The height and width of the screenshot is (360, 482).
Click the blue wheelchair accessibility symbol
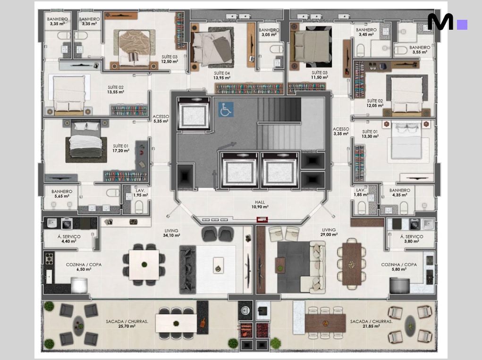pyautogui.click(x=226, y=109)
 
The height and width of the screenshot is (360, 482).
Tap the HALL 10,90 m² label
pyautogui.click(x=260, y=205)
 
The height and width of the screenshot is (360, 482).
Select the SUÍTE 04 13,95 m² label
pyautogui.click(x=221, y=75)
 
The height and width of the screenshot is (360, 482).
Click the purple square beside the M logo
pyautogui.click(x=462, y=25)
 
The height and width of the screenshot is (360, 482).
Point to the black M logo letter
pyautogui.click(x=440, y=22)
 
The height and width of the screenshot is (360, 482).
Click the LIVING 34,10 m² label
pyautogui.click(x=171, y=233)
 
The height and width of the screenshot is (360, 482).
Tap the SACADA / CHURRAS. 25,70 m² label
pyautogui.click(x=127, y=324)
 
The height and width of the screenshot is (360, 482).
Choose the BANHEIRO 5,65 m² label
pyautogui.click(x=62, y=193)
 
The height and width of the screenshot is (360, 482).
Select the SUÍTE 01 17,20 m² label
pyautogui.click(x=121, y=148)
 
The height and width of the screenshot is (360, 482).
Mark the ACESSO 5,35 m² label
pyautogui.click(x=161, y=118)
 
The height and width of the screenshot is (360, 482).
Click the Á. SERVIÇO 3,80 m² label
pyautogui.click(x=412, y=239)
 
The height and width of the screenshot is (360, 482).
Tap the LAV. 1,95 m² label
pyautogui.click(x=141, y=193)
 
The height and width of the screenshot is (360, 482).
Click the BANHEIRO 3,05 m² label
pyautogui.click(x=269, y=32)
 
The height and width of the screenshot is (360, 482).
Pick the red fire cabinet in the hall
pyautogui.click(x=262, y=219)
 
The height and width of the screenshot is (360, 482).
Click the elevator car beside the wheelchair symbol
pyautogui.click(x=194, y=114)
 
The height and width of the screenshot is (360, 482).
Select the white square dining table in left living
pyautogui.click(x=144, y=265)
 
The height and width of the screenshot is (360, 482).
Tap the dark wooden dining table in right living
pyautogui.click(x=352, y=264)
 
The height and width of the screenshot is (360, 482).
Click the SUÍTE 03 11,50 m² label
pyautogui.click(x=320, y=75)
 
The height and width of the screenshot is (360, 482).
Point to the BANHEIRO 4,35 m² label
pyautogui.click(x=399, y=193)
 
